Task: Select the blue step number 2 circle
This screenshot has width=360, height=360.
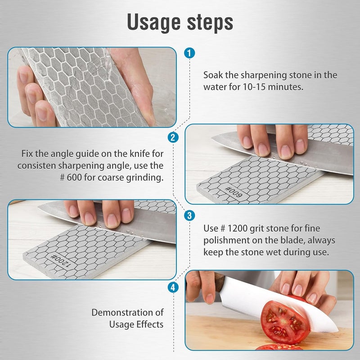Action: [x=172, y=137]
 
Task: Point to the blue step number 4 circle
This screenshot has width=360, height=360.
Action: [x=172, y=287]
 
